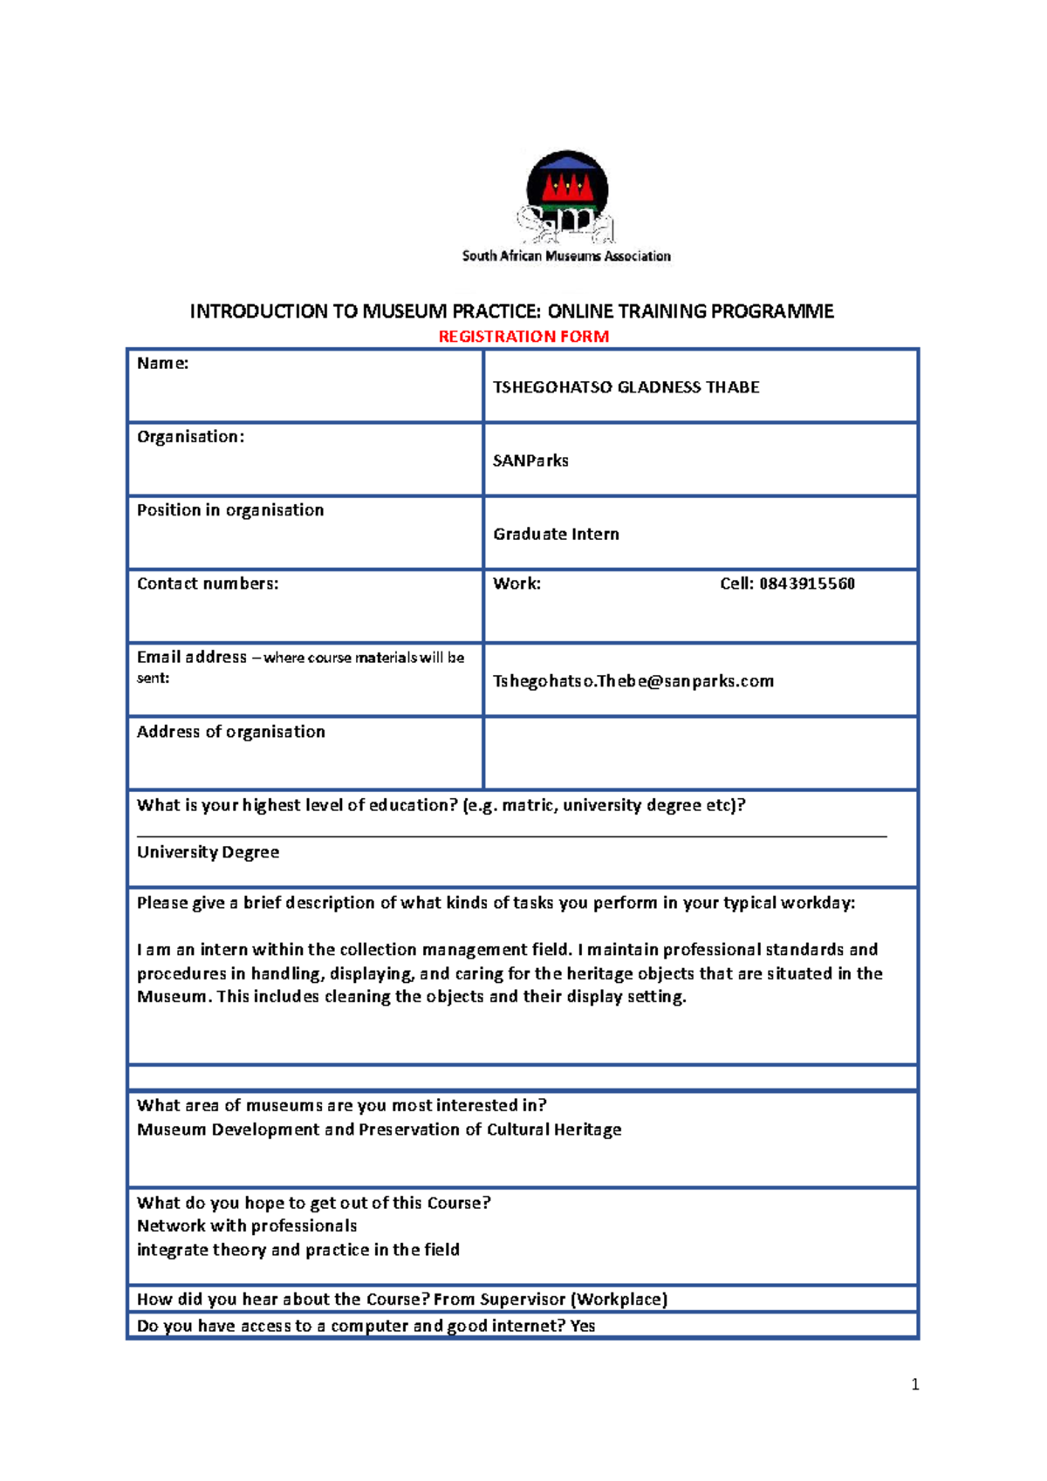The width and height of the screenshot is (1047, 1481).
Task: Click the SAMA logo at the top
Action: pyautogui.click(x=567, y=196)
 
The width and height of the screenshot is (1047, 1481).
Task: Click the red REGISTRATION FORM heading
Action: pyautogui.click(x=523, y=337)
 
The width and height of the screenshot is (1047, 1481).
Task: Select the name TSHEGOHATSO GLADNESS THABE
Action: pyautogui.click(x=626, y=387)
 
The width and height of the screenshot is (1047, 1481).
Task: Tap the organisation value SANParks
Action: pyautogui.click(x=530, y=461)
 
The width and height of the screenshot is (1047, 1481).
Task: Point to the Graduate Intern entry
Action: pyautogui.click(x=556, y=534)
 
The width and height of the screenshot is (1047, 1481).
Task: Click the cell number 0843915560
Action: pyautogui.click(x=806, y=584)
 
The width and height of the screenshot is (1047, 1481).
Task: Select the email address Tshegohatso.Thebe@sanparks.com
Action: pyautogui.click(x=633, y=681)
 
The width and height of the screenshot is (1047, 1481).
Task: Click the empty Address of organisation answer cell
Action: pyautogui.click(x=700, y=754)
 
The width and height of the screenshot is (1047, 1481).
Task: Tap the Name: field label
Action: pyautogui.click(x=163, y=364)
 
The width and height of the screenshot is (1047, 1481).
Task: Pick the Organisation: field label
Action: pyautogui.click(x=190, y=437)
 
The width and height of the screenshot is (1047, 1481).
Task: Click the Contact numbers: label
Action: pyautogui.click(x=208, y=584)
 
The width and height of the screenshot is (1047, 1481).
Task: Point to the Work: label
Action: pyautogui.click(x=517, y=584)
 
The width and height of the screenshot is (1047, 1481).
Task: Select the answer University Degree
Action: pyautogui.click(x=208, y=852)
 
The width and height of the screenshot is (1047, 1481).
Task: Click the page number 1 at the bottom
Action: pyautogui.click(x=914, y=1384)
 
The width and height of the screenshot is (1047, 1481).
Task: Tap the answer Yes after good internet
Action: pyautogui.click(x=582, y=1326)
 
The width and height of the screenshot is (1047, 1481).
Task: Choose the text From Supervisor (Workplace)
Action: pyautogui.click(x=551, y=1300)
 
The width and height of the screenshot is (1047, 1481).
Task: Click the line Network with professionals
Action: pyautogui.click(x=247, y=1226)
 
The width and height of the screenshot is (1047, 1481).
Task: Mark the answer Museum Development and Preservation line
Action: pyautogui.click(x=379, y=1130)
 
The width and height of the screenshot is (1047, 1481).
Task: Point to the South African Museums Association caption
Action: pyautogui.click(x=566, y=256)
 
